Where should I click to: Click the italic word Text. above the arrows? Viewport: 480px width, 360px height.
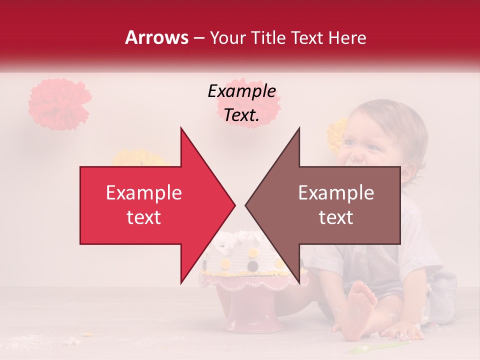tap(241, 115)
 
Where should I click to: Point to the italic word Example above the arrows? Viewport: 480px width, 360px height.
tap(241, 91)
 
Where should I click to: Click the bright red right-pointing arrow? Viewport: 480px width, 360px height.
tap(150, 205)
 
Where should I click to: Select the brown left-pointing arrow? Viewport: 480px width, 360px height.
tap(330, 205)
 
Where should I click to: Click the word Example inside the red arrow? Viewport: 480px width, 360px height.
tap(144, 193)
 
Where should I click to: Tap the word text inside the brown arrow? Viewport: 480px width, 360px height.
tap(336, 217)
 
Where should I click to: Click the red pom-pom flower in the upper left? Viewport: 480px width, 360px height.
tap(58, 103)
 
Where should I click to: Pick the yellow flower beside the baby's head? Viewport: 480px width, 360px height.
tap(336, 134)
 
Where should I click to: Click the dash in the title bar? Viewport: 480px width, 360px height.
tap(198, 38)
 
